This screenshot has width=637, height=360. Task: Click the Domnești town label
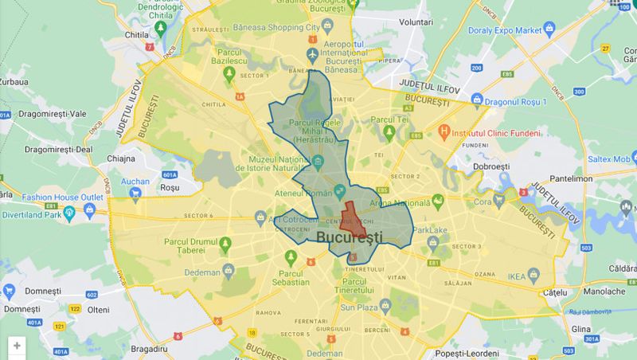pos(21,292)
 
